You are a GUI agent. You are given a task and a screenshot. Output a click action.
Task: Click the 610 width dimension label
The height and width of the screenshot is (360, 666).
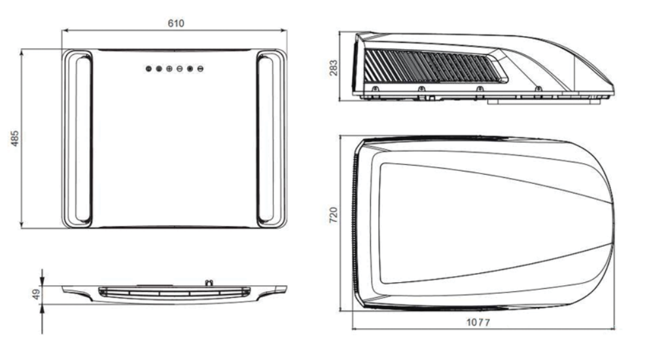(x=176, y=24)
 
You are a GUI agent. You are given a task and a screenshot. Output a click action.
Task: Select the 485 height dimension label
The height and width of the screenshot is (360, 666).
(x=15, y=139)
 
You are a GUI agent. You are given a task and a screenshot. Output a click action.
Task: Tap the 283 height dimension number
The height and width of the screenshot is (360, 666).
(x=334, y=68)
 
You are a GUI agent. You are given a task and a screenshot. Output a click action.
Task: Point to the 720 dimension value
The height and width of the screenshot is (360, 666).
(x=334, y=215)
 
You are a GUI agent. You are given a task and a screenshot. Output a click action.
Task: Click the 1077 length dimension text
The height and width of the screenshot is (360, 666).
(x=478, y=322)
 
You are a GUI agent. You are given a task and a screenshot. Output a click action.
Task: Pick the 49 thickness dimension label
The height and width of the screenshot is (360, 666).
(x=36, y=294)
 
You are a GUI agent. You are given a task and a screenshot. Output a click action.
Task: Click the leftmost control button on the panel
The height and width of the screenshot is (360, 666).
(x=149, y=69)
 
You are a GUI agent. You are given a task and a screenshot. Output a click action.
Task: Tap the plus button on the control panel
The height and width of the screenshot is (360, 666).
(x=169, y=69)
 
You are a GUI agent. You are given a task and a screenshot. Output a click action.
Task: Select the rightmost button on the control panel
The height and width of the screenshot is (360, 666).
(x=200, y=69)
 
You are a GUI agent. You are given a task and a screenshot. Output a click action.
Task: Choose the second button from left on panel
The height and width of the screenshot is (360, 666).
(x=159, y=69)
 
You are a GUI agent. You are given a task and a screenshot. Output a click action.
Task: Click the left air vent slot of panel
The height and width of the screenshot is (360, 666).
(x=83, y=139)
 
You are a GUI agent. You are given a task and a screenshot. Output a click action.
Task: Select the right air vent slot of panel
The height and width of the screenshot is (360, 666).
(x=266, y=139)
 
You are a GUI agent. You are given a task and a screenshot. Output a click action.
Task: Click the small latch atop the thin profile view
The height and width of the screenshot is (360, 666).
(x=209, y=283)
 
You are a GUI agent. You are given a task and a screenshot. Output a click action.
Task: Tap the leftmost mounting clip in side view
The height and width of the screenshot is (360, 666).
(x=375, y=89)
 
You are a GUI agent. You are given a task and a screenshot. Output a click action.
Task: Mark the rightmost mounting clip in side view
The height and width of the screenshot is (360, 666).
(x=538, y=89)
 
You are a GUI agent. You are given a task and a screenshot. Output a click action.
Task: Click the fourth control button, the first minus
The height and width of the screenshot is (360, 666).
(x=180, y=69)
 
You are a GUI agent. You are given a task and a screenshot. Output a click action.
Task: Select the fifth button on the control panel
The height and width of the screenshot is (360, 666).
(x=190, y=69)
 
